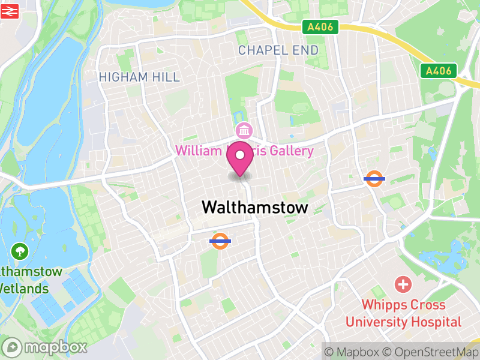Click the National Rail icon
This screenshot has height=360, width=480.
(x=11, y=10)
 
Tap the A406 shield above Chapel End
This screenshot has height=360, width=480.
(x=320, y=27)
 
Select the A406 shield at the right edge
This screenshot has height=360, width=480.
(x=439, y=71)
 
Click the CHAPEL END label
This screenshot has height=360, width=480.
(x=278, y=50)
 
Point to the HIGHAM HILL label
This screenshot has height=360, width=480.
(x=139, y=77)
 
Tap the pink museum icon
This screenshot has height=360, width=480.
(x=244, y=130)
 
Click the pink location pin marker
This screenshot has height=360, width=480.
(x=240, y=158)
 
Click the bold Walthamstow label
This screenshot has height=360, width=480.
(x=255, y=208)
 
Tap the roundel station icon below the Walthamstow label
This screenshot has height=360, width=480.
(x=220, y=241)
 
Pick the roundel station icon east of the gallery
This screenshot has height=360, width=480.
(x=374, y=178)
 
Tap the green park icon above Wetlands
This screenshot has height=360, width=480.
(x=20, y=251)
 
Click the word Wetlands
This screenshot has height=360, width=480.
(x=24, y=288)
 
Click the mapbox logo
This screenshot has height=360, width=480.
(x=45, y=347)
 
